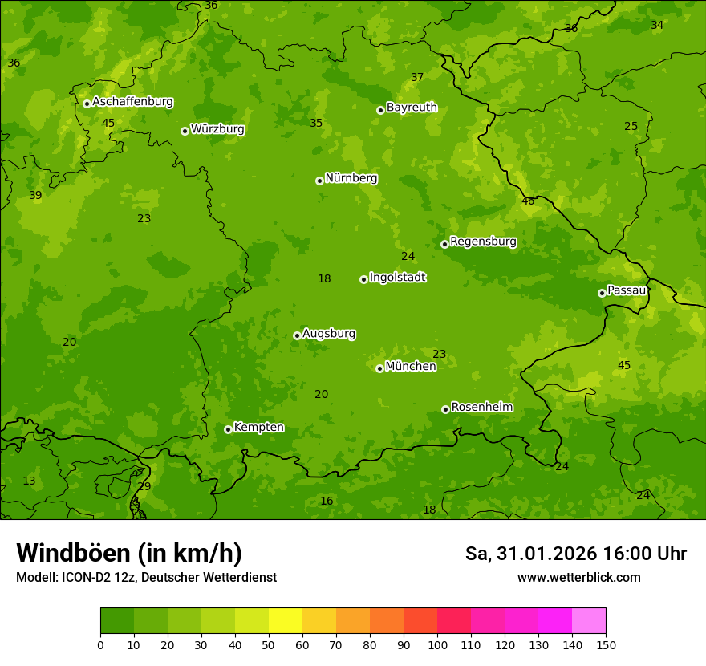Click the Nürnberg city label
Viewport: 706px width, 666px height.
(x=351, y=178)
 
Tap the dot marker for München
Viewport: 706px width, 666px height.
(x=379, y=368)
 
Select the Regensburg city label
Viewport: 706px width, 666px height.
(x=483, y=242)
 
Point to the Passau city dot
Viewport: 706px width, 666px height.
(x=602, y=293)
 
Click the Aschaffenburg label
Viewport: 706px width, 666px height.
(x=132, y=102)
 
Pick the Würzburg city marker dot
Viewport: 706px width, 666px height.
(x=185, y=131)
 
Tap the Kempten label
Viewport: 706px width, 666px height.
(x=258, y=428)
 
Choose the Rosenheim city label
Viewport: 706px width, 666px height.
(x=481, y=408)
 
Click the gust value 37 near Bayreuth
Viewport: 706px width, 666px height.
(x=417, y=77)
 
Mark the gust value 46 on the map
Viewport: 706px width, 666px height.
(x=528, y=201)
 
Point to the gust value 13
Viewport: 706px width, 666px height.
(x=29, y=481)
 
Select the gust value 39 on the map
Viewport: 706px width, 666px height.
(x=35, y=195)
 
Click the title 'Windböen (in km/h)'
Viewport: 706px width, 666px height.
(x=129, y=553)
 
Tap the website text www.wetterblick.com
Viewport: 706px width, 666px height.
(x=578, y=577)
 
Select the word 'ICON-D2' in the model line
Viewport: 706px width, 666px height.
(x=83, y=577)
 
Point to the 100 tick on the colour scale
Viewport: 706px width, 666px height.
(x=437, y=644)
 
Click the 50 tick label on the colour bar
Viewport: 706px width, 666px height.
(x=269, y=644)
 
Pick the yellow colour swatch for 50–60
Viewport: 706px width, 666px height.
(x=286, y=621)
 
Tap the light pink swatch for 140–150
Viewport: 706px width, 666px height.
(x=589, y=621)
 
